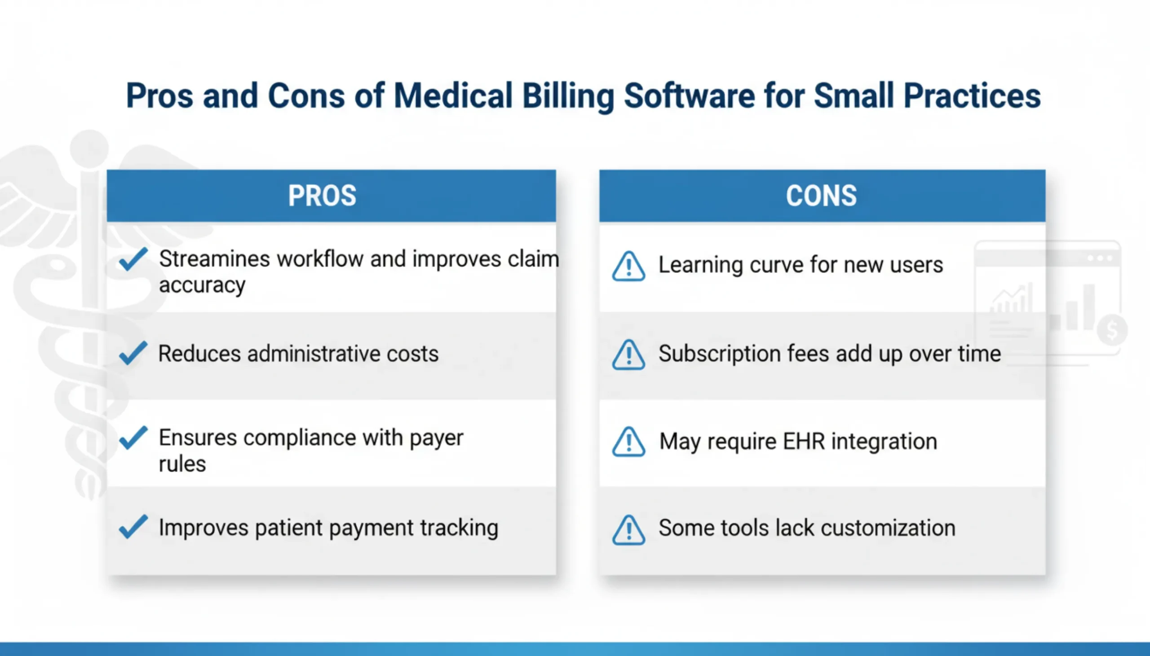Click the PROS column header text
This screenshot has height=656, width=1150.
322,196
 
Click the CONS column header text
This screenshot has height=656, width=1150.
821,196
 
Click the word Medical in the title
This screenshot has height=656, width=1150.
453,96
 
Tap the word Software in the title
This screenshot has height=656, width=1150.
689,96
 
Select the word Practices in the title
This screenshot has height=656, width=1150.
972,96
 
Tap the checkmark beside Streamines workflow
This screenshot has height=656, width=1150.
133,259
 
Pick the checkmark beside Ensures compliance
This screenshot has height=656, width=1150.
133,437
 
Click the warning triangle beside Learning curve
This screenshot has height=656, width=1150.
628,267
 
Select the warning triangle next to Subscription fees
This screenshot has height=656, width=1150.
628,355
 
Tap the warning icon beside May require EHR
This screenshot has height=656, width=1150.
628,442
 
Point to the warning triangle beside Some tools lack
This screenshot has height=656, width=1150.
628,530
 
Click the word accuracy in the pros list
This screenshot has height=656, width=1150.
202,286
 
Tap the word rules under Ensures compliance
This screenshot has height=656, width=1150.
182,464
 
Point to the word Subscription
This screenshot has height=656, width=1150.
719,354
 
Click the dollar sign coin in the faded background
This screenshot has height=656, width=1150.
1112,330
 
